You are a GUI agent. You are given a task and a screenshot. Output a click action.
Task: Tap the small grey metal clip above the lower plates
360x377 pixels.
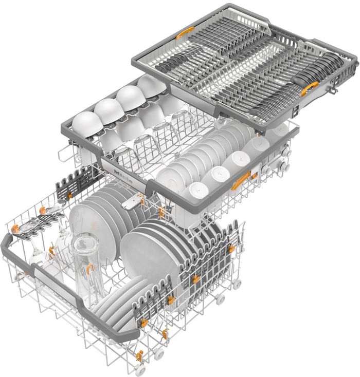[131, 202]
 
